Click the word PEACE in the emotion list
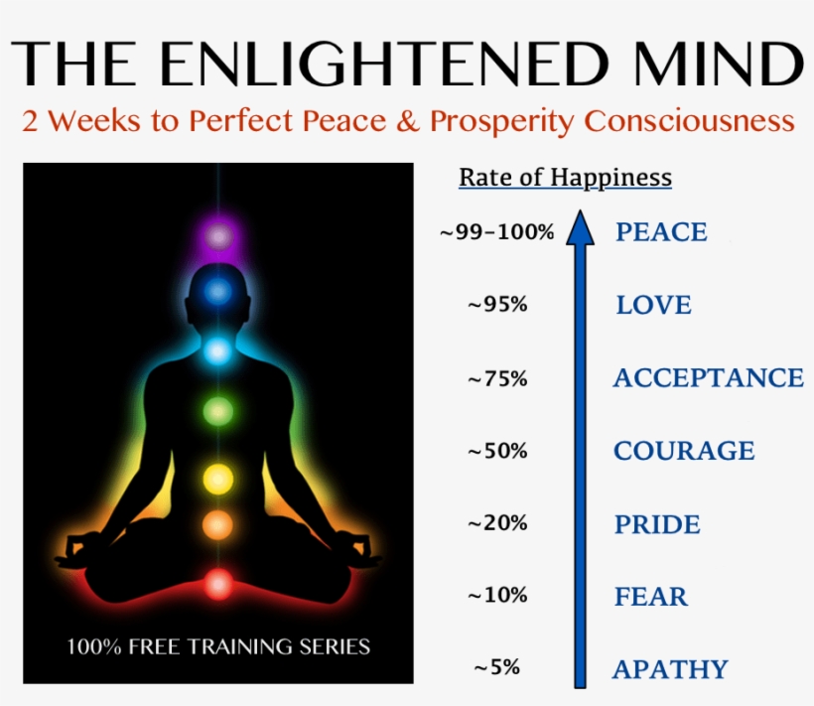click(x=661, y=232)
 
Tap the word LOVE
click(x=653, y=305)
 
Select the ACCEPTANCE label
click(x=708, y=378)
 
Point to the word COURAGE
click(x=684, y=451)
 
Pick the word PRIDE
click(x=657, y=524)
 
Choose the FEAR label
click(x=651, y=597)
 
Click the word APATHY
click(x=670, y=670)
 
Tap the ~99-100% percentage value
click(x=496, y=233)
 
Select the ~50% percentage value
click(x=497, y=451)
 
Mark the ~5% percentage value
click(x=497, y=668)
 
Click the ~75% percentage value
click(x=497, y=378)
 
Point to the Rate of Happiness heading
click(x=565, y=179)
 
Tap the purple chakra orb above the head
click(x=217, y=236)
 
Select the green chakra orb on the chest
click(x=217, y=409)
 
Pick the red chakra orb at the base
click(x=217, y=584)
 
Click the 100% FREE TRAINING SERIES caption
click(x=218, y=646)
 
